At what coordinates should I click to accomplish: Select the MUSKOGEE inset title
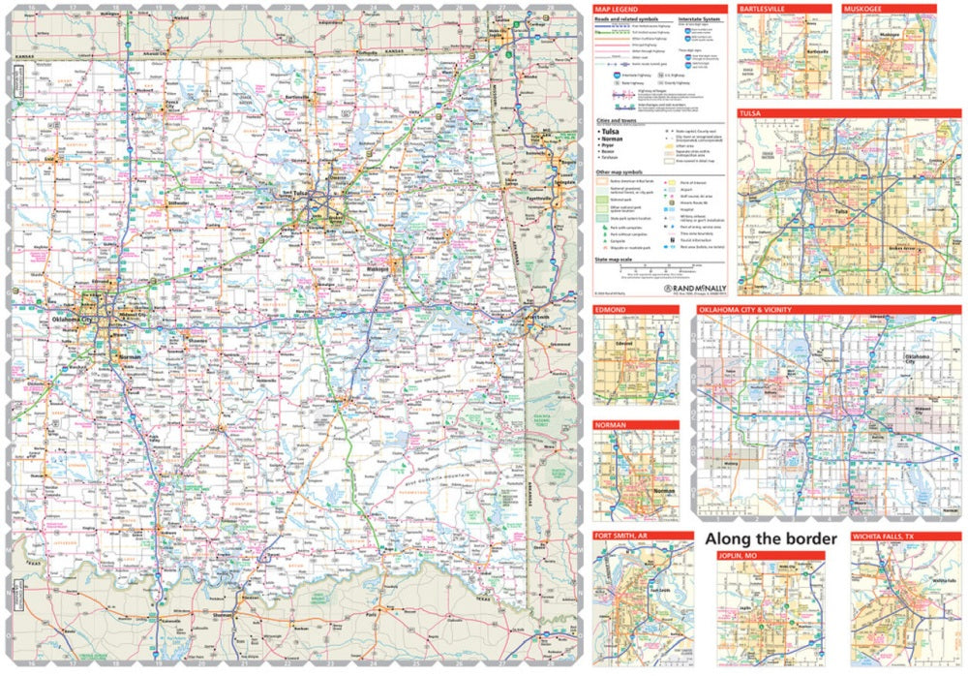click(x=863, y=9)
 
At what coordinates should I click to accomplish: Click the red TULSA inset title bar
click(x=750, y=113)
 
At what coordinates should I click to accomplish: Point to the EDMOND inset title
click(x=613, y=310)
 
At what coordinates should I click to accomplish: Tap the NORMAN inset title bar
click(x=614, y=425)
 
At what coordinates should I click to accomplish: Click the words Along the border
click(x=770, y=538)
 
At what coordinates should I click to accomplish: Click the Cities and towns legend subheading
click(x=616, y=120)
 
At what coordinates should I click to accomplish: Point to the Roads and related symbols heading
click(x=629, y=17)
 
